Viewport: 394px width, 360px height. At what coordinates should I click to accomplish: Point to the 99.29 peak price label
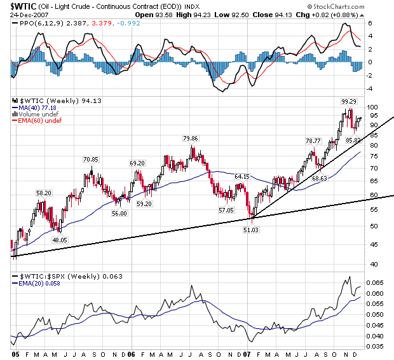349,101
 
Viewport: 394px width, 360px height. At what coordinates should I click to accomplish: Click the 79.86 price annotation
192,138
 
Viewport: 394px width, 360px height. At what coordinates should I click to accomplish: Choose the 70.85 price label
91,159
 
